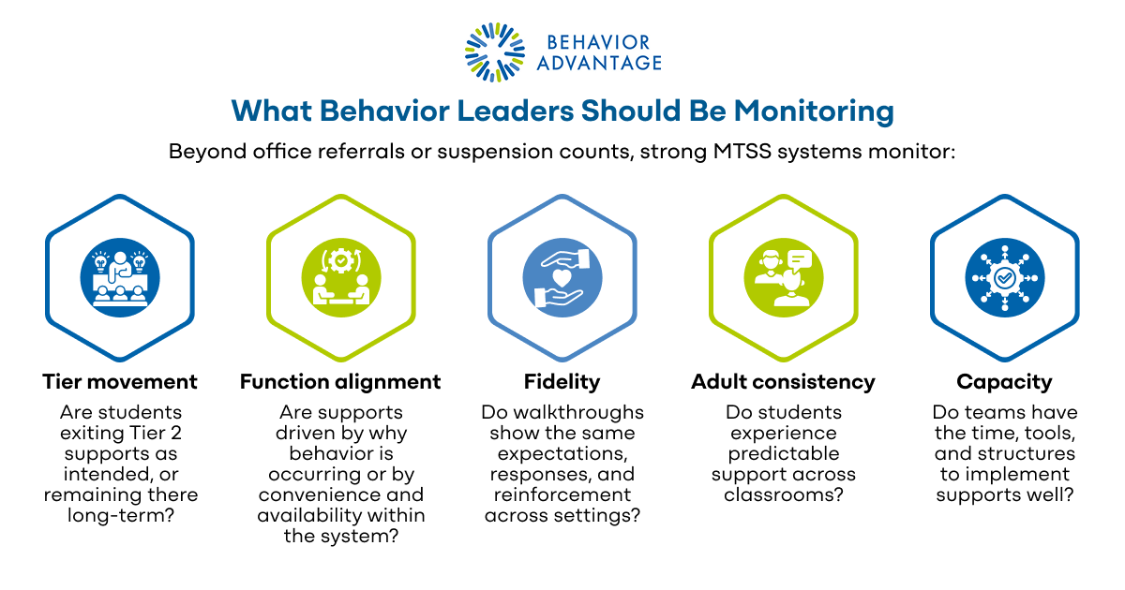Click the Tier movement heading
120,381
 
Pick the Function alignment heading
340,381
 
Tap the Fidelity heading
562,381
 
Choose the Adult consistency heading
783,381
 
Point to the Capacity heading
1004,381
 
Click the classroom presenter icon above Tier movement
120,278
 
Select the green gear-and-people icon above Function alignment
340,278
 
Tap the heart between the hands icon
562,278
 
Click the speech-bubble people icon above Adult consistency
783,278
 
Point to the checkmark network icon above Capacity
1004,278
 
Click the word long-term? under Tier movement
120,515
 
